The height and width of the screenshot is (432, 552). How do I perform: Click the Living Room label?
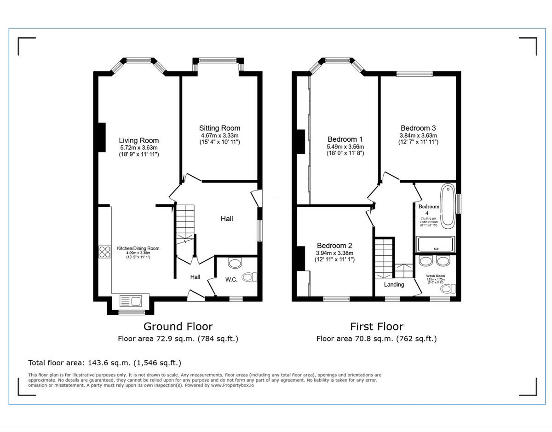tap(138, 140)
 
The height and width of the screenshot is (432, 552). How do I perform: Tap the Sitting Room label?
tap(219, 128)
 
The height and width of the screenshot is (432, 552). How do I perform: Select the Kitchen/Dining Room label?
tap(138, 248)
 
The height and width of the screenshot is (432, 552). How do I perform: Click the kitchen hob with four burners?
tap(105, 252)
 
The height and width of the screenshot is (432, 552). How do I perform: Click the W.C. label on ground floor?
tap(231, 280)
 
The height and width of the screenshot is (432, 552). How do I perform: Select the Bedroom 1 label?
tap(345, 139)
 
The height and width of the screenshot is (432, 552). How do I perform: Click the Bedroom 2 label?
tap(334, 245)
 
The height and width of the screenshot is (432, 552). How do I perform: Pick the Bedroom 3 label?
tap(418, 128)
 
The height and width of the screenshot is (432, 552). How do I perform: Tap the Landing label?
tap(394, 284)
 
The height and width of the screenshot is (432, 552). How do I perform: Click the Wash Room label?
tap(435, 276)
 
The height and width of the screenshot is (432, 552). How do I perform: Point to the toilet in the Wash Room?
tap(447, 289)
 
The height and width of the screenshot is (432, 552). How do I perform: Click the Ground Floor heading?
tap(178, 327)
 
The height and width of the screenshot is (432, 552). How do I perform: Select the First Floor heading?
tap(376, 327)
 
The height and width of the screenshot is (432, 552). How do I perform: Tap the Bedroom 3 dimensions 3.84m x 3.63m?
tap(418, 135)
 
